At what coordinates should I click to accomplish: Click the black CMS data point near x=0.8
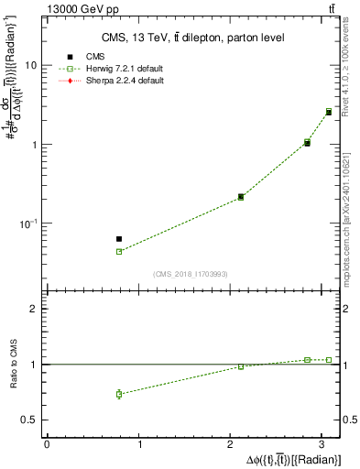(x=119, y=238)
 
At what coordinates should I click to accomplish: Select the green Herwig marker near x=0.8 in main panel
(x=119, y=251)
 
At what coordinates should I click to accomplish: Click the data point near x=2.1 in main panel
(x=241, y=197)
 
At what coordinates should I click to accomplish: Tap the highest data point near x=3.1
(x=329, y=112)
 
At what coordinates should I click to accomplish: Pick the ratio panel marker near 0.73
(x=119, y=394)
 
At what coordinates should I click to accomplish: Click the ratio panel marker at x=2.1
(x=241, y=366)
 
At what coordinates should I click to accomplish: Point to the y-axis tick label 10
(x=31, y=66)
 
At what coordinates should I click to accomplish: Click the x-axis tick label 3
(x=323, y=444)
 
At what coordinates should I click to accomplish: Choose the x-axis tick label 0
(x=46, y=444)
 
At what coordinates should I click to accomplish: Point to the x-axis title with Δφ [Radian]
(x=293, y=458)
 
